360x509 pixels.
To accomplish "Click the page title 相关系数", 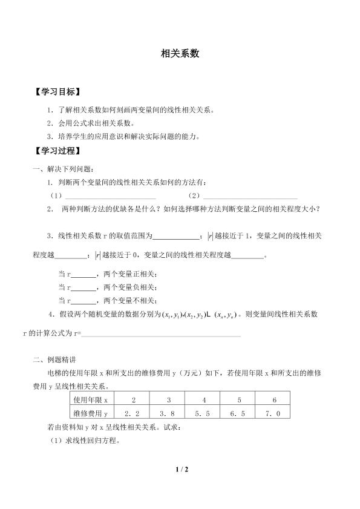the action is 180,53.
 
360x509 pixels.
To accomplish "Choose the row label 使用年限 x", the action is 90,400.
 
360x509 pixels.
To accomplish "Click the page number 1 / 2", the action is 180,469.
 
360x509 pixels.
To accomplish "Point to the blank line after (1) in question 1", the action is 110,197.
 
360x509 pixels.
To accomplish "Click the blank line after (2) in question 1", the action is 250,197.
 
